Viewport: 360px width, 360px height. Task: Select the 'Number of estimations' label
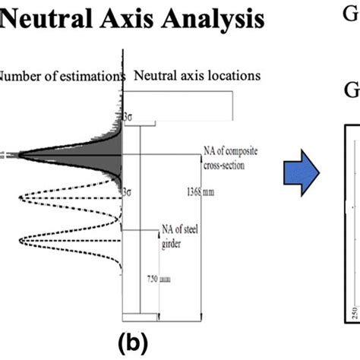coord(61,76)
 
